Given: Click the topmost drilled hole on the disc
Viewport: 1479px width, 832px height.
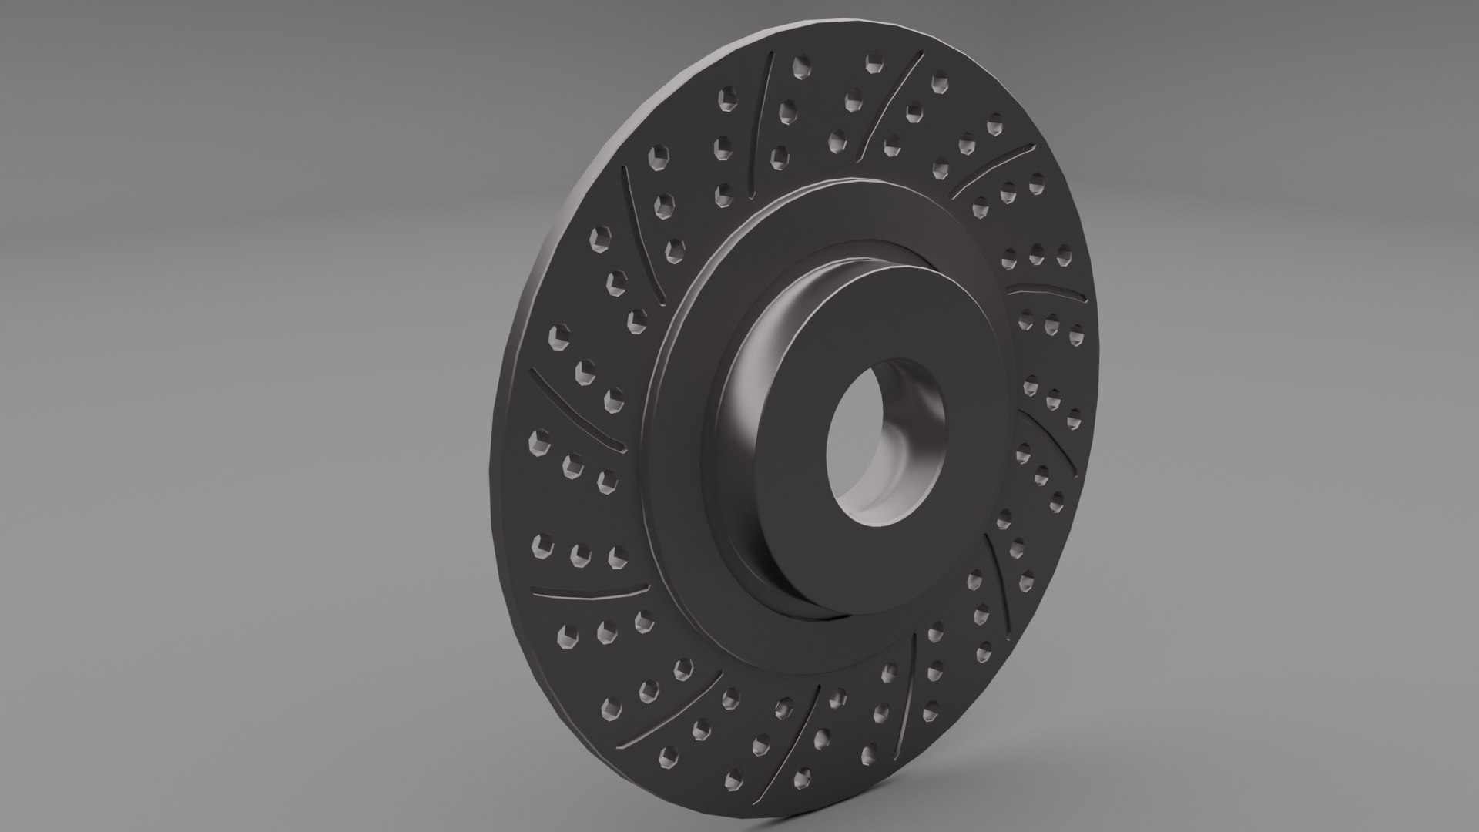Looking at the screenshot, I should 873,65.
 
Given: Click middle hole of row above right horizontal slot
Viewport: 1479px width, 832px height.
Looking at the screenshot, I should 1036,254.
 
